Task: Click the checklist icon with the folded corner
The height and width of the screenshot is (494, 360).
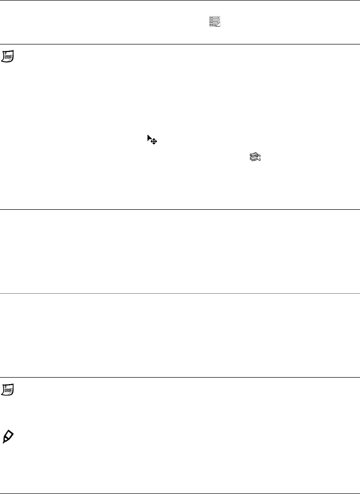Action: point(214,21)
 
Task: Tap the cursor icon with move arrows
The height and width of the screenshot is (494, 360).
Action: point(152,139)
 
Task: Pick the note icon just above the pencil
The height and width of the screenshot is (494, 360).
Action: point(8,390)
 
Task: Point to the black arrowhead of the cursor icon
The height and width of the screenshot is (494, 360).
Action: point(149,137)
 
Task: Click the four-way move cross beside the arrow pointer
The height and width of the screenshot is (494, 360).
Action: point(154,142)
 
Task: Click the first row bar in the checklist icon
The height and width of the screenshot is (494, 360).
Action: point(214,17)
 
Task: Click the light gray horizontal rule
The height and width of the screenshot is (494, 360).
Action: point(180,293)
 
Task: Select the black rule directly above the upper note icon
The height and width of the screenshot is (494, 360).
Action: point(180,44)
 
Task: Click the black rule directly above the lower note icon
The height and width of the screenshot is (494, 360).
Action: point(180,377)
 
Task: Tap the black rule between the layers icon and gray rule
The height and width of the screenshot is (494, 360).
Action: point(180,209)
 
